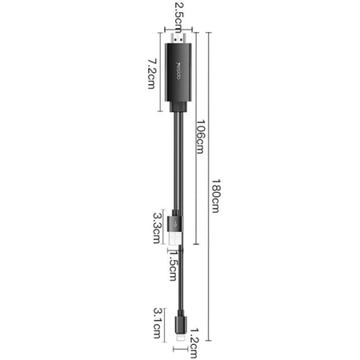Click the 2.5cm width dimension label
coord(179,14)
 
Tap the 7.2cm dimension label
coord(152,74)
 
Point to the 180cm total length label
coord(216,195)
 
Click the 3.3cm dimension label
coord(157,228)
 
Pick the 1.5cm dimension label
coord(173,265)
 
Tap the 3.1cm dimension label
coord(158,323)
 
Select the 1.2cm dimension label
coord(194,343)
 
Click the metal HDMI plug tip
coord(178,38)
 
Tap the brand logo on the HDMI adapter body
coord(178,71)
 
